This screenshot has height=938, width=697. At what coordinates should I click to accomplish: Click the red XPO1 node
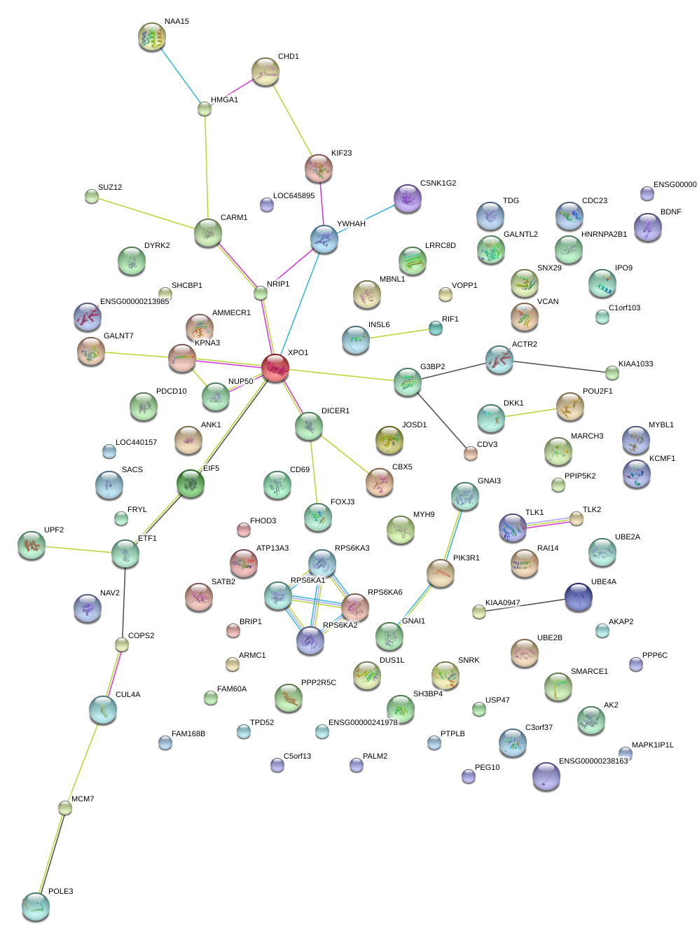pyautogui.click(x=275, y=368)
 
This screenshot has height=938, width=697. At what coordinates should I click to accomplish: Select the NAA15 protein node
pyautogui.click(x=152, y=37)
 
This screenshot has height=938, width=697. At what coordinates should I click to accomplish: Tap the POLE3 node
pyautogui.click(x=36, y=906)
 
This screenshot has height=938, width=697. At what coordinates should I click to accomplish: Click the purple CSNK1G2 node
pyautogui.click(x=408, y=198)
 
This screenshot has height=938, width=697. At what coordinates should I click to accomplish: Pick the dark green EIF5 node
pyautogui.click(x=191, y=483)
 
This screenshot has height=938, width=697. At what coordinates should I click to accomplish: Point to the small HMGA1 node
pyautogui.click(x=205, y=109)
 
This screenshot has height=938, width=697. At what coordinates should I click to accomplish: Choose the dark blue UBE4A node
pyautogui.click(x=579, y=597)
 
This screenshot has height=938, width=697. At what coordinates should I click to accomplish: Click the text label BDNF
pyautogui.click(x=670, y=212)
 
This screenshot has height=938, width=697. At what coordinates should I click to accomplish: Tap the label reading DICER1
pyautogui.click(x=335, y=411)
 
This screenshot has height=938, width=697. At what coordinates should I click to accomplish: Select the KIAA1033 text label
pyautogui.click(x=635, y=364)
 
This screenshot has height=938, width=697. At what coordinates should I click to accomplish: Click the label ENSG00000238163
pyautogui.click(x=593, y=761)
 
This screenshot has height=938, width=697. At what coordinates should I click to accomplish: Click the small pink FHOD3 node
pyautogui.click(x=244, y=530)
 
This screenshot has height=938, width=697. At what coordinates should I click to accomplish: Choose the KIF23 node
pyautogui.click(x=319, y=168)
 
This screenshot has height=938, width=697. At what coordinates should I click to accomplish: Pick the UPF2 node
pyautogui.click(x=31, y=546)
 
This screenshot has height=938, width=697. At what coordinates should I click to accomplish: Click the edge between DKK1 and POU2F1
pyautogui.click(x=530, y=412)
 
